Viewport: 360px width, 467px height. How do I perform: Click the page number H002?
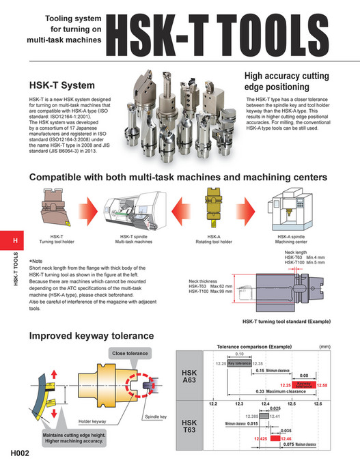coord(19,453)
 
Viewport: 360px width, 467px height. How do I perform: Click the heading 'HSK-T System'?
coord(61,87)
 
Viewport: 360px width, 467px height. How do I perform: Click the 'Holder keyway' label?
coord(94,421)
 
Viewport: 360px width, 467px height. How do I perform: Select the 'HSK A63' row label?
coord(189,377)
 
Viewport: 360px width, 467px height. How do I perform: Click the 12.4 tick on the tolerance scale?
coord(265,405)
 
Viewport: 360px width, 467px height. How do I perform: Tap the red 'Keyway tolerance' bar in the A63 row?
coord(305,385)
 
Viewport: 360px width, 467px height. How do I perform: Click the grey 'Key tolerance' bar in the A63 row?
coord(240,364)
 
